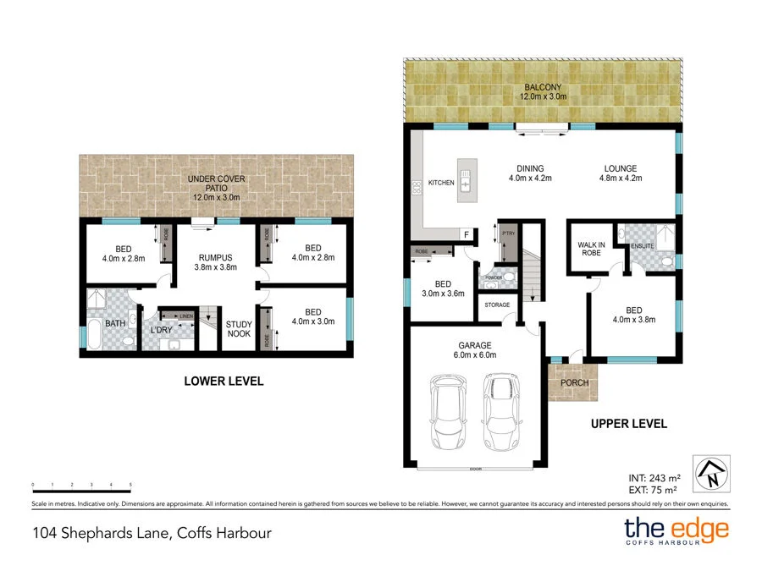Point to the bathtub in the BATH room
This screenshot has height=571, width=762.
point(93,336)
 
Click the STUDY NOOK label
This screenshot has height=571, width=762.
point(239,329)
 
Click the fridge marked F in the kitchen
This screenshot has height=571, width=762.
point(465,233)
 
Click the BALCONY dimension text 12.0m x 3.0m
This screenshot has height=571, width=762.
point(542,97)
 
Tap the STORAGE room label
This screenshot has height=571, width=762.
point(497,305)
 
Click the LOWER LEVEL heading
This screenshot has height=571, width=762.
point(224,382)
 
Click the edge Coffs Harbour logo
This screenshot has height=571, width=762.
point(676,531)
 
